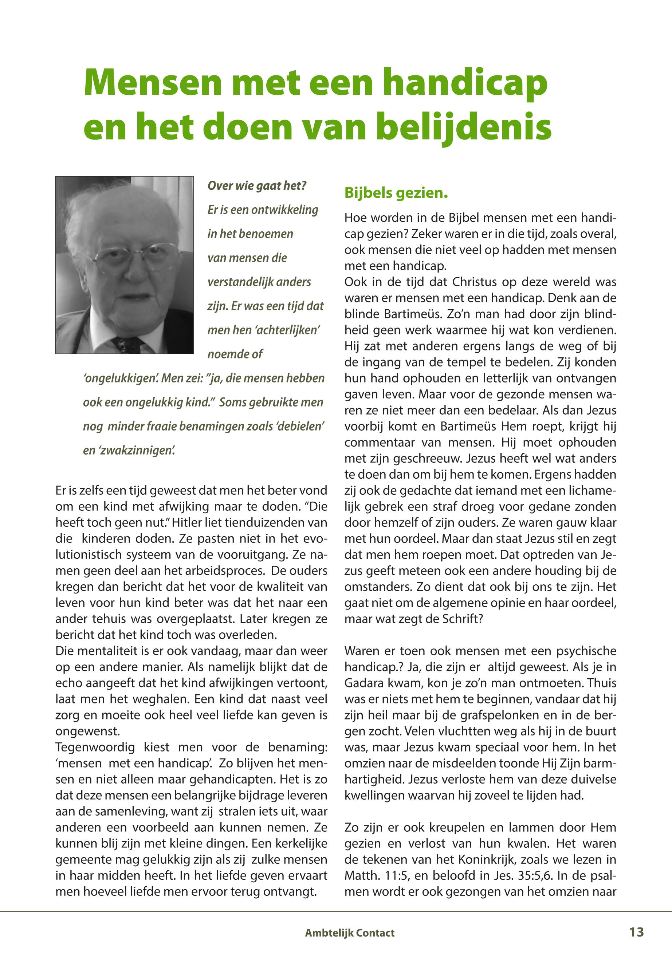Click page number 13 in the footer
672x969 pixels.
click(636, 932)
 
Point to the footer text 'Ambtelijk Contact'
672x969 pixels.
click(349, 933)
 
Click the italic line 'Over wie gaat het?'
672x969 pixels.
click(256, 185)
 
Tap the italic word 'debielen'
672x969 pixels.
click(299, 426)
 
